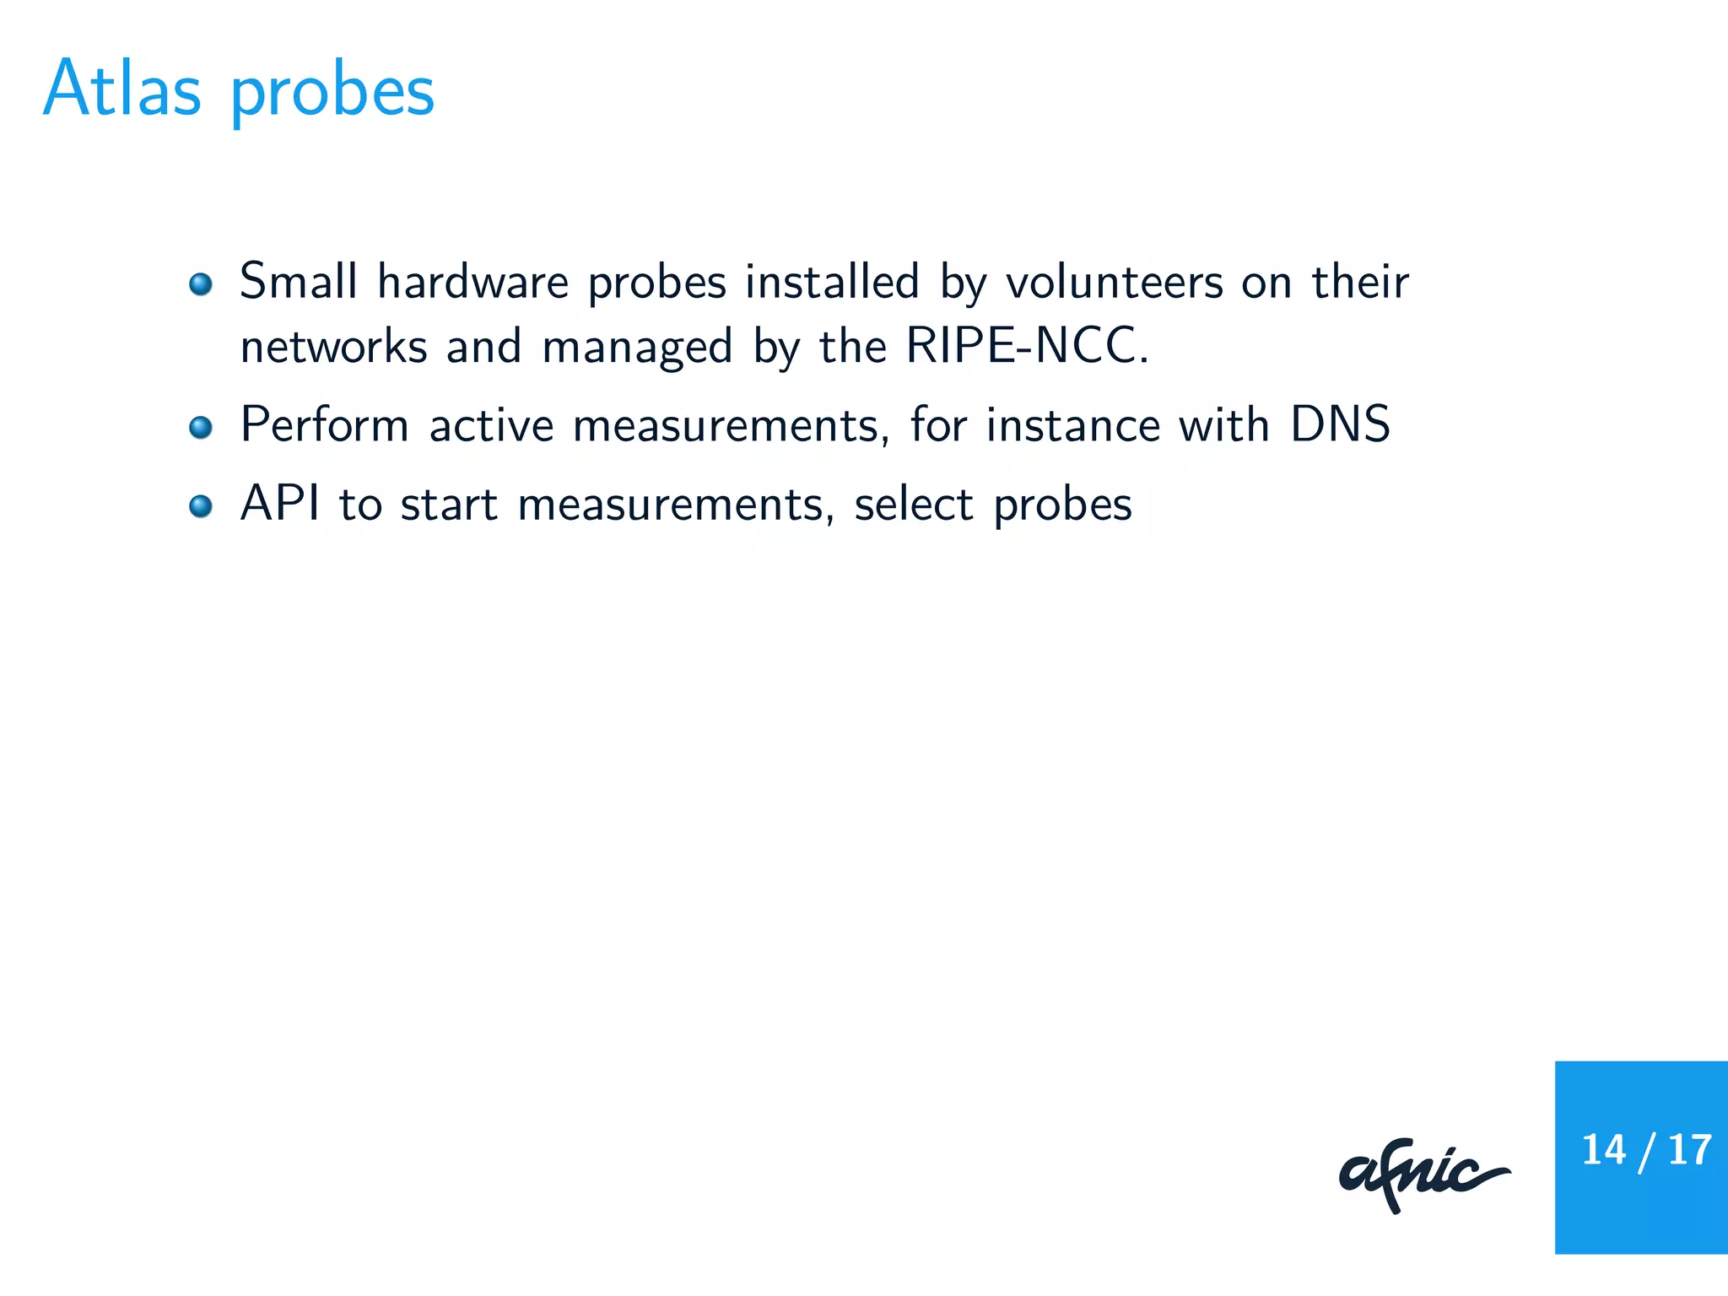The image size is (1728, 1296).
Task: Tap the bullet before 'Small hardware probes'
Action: point(201,284)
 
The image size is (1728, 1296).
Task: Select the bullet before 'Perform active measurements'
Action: point(201,427)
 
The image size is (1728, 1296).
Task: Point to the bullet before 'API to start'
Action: point(201,506)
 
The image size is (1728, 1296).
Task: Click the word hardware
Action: point(472,282)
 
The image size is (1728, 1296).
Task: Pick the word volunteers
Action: point(1114,282)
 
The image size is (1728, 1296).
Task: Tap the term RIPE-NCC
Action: point(1026,346)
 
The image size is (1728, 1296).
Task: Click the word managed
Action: point(637,348)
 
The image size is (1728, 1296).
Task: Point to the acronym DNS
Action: point(1340,424)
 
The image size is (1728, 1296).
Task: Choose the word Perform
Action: point(325,424)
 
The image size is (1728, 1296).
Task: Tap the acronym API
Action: point(280,504)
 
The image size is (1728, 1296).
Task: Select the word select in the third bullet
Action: point(914,505)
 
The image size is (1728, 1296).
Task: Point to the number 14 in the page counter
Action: point(1603,1150)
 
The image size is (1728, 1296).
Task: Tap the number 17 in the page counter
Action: point(1689,1150)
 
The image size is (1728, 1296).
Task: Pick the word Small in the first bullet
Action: point(299,282)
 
